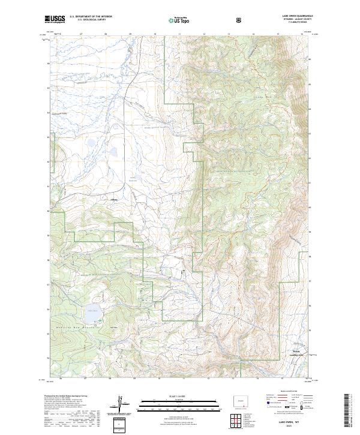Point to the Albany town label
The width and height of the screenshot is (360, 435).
pos(114,200)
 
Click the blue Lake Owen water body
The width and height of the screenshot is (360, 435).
pos(92,314)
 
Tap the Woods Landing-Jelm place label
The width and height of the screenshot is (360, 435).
pos(296,352)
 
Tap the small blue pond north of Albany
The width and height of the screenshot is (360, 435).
pos(90,144)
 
